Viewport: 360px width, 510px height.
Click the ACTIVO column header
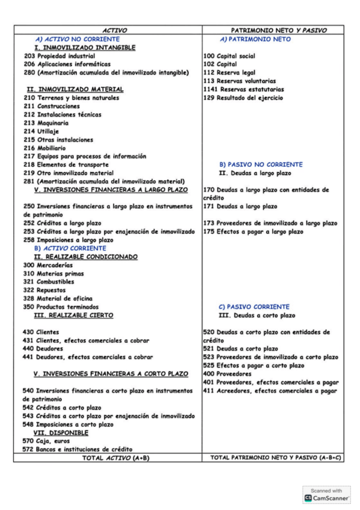[114, 30]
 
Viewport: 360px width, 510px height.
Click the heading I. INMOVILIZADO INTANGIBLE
[85, 48]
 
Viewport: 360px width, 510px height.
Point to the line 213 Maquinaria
[46, 123]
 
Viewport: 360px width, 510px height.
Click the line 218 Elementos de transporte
[66, 165]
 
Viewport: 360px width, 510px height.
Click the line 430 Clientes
[40, 331]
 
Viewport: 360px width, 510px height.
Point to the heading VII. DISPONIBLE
[61, 432]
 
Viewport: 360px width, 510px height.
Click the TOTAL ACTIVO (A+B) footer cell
[108, 458]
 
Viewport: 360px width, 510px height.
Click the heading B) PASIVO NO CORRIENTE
[261, 164]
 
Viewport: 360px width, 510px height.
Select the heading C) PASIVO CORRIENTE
[254, 307]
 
